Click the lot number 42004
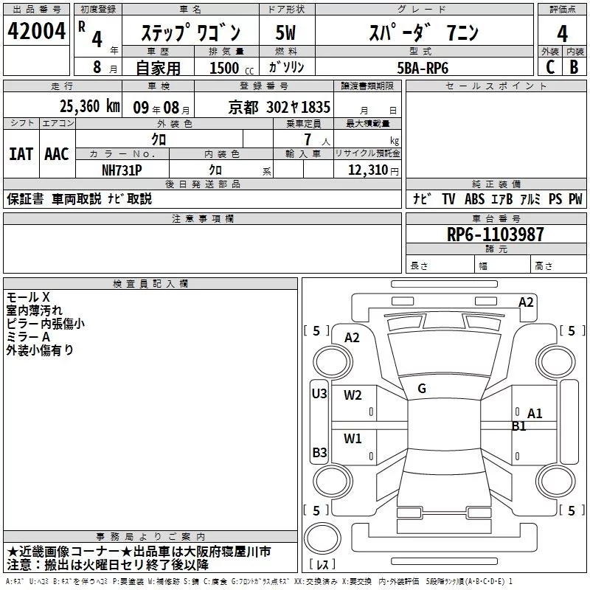36,31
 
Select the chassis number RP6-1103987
495,235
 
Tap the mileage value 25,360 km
89,106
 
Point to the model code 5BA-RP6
423,68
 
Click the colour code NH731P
122,170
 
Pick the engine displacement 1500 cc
232,68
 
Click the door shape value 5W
285,32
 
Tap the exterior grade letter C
549,67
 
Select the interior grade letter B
574,67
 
